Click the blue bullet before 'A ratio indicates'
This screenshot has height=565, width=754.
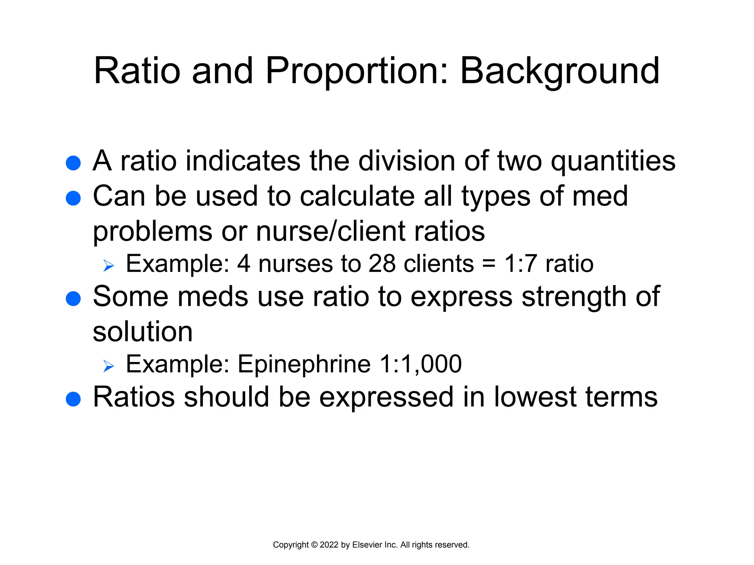pos(73,163)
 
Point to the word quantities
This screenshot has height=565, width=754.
pos(613,162)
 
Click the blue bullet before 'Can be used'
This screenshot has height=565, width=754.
pos(73,198)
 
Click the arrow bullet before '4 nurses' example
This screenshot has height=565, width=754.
pos(109,265)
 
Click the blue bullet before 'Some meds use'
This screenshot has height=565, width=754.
pos(73,299)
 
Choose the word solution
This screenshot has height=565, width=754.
pos(142,332)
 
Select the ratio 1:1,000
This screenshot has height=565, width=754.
pos(420,364)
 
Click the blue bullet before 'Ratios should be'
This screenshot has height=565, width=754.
pos(73,399)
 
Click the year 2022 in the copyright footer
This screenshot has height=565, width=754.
pos(329,545)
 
